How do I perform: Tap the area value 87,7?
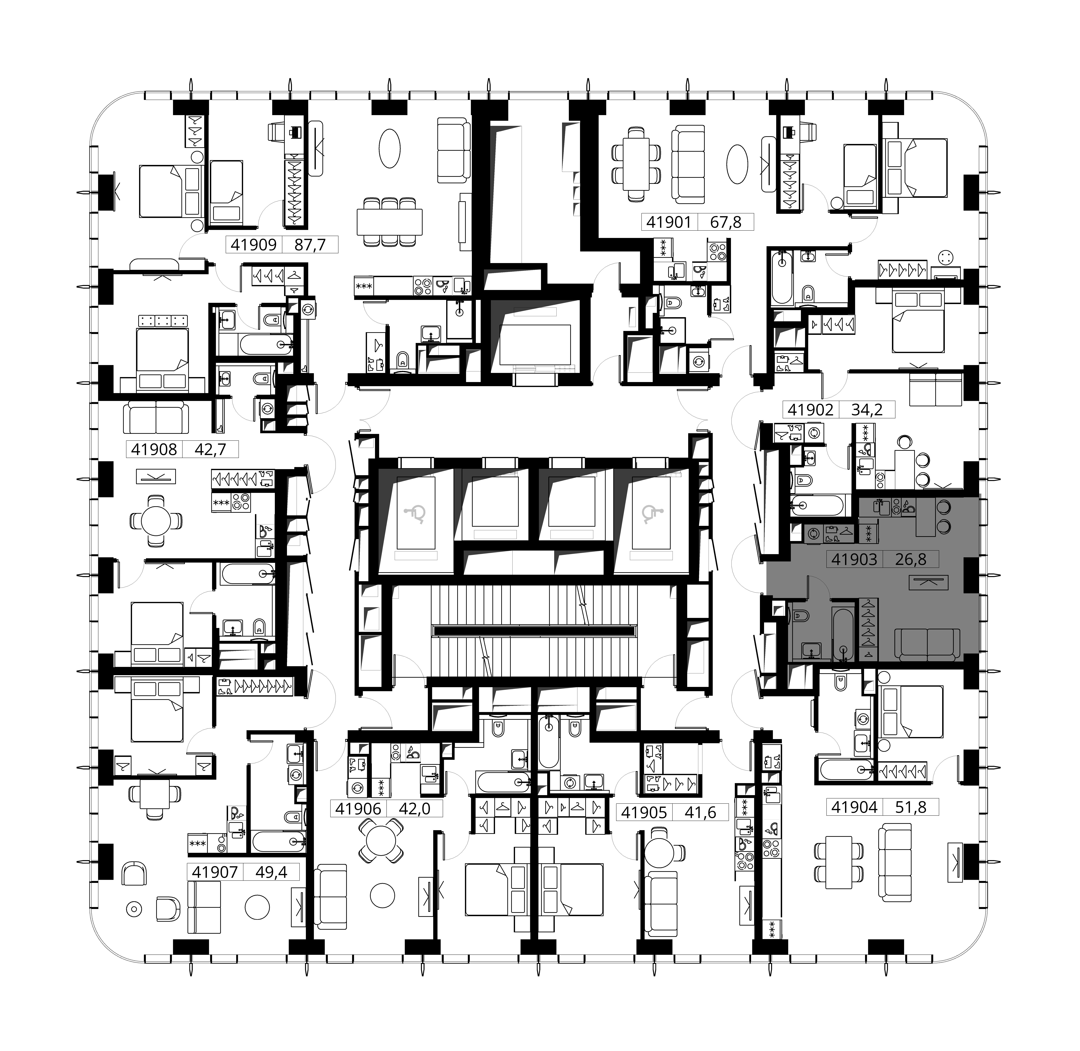[x=310, y=245]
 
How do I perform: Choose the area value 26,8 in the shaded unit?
[x=911, y=559]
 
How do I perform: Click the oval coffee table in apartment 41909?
[x=390, y=148]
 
